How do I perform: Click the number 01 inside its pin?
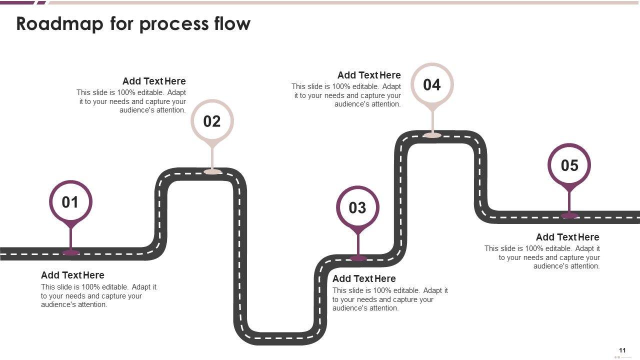(70, 202)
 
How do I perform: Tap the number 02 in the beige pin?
(212, 121)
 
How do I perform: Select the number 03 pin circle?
(357, 207)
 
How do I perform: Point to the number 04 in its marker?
(432, 84)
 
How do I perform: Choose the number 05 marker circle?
(569, 165)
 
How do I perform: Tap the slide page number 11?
(622, 350)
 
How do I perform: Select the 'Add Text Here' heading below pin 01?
(72, 275)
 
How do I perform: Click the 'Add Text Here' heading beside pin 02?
(154, 81)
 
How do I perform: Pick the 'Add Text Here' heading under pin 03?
(364, 278)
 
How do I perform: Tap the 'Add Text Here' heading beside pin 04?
(369, 75)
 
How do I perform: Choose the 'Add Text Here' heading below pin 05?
(567, 237)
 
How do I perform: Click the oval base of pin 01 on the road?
(71, 252)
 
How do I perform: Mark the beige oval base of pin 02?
(212, 171)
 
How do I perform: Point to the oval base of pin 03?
(358, 258)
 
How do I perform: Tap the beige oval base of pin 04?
(432, 135)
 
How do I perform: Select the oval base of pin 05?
(569, 215)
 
